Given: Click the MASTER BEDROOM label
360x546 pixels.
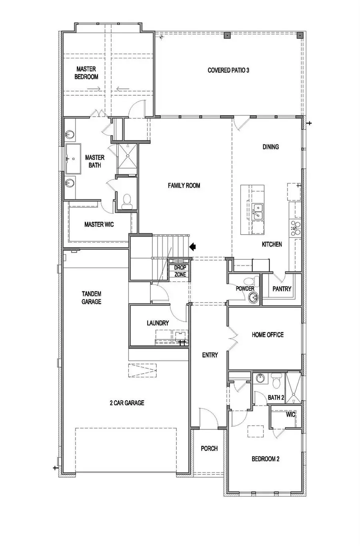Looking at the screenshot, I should tap(86, 73).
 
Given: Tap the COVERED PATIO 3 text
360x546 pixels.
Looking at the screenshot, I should tap(228, 70).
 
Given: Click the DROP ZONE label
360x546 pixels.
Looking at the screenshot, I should tap(180, 271).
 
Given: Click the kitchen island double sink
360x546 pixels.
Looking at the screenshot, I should tap(258, 211).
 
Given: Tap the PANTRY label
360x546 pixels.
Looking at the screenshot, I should tap(282, 289).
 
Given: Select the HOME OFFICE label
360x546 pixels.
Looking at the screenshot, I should tap(268, 335).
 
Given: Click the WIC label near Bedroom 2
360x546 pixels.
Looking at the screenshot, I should tap(290, 414).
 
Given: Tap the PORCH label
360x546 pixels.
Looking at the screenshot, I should tap(209, 448).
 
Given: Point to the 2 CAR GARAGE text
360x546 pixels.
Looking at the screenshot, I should tap(127, 403).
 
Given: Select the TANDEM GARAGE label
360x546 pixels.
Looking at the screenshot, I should tap(91, 297).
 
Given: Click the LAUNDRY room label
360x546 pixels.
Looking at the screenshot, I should tap(158, 323).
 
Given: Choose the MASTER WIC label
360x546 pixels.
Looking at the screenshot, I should tap(99, 225).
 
